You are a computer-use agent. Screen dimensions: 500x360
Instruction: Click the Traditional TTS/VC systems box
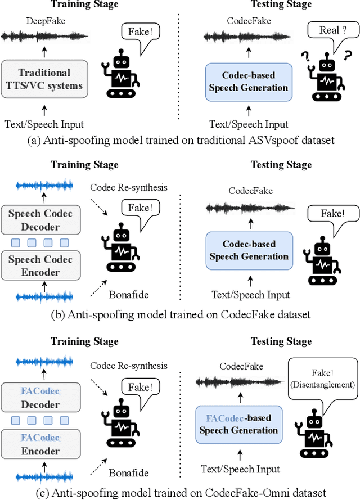[44, 80]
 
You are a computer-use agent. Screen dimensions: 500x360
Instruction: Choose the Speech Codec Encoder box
[40, 265]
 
